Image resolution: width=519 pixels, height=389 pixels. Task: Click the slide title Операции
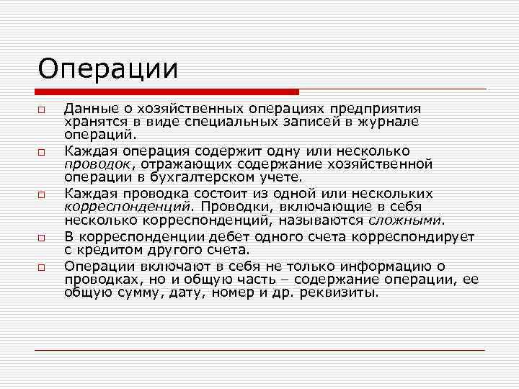pos(108,69)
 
